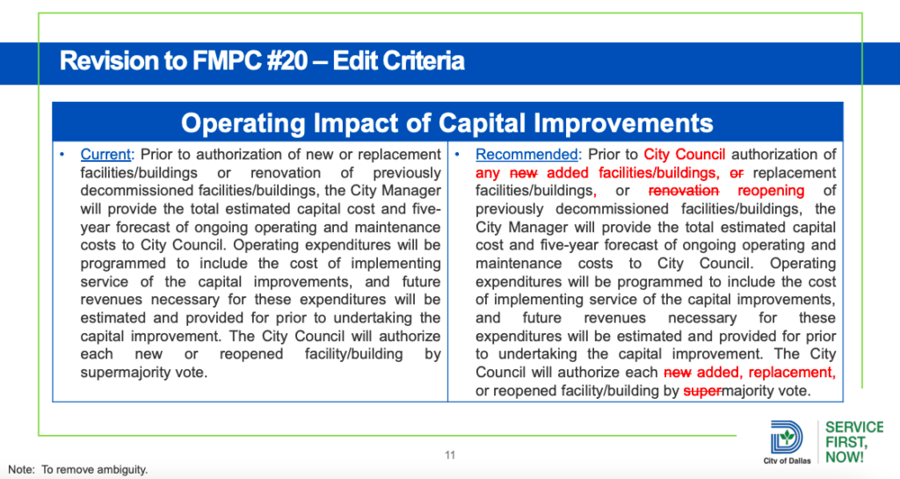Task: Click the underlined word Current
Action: point(105,155)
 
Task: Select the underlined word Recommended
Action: point(527,155)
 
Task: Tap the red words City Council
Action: point(684,155)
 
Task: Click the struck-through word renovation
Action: point(684,191)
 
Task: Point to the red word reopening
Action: point(771,191)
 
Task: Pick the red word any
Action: point(488,173)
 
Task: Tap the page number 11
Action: point(450,455)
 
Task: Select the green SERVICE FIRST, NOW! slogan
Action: point(854,442)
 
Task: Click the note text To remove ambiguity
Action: point(94,469)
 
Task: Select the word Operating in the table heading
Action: point(243,123)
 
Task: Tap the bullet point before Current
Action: point(62,155)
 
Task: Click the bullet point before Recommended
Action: point(457,155)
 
